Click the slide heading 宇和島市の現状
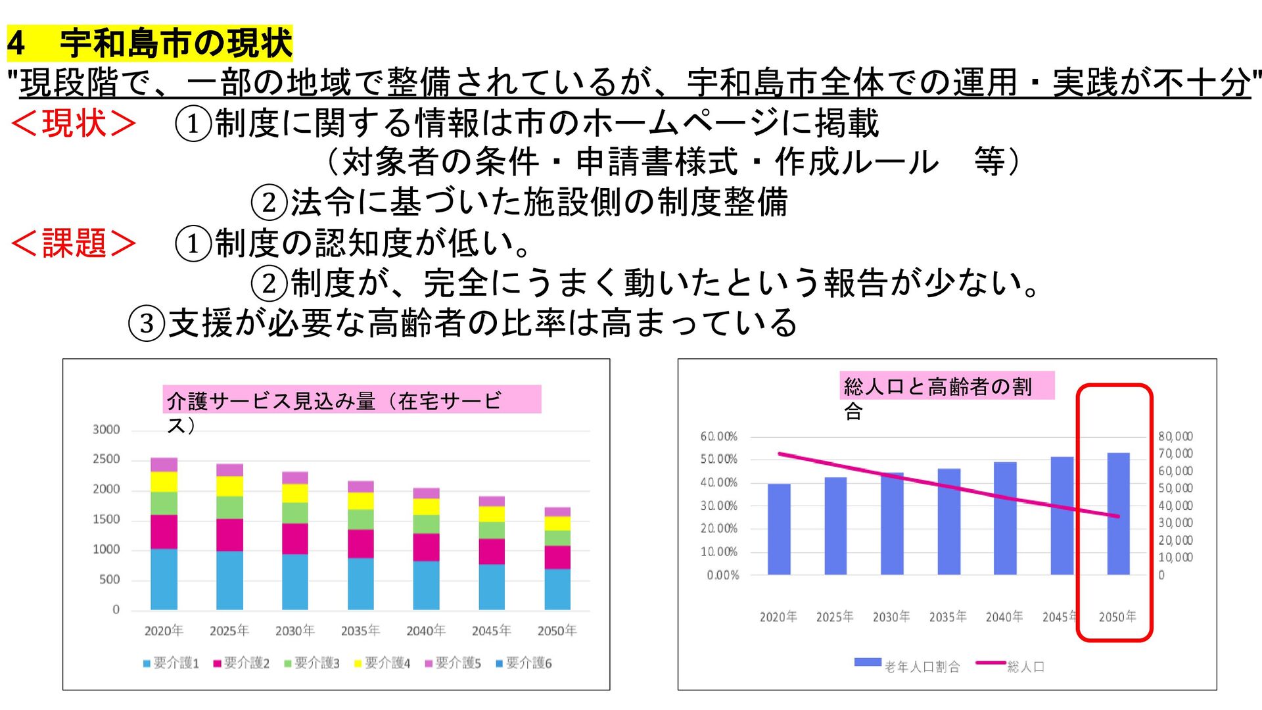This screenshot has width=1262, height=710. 176,43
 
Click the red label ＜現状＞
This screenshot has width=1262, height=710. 74,123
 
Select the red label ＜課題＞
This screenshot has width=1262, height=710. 74,243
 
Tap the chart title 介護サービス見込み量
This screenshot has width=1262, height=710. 271,400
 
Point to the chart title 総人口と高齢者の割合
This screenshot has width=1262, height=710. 938,397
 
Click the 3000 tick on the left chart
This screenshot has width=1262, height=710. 106,430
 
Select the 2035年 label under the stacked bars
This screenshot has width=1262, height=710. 360,630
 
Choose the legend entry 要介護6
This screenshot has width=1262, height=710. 524,663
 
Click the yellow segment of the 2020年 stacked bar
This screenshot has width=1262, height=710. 164,482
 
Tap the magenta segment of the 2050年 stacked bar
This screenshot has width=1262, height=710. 557,557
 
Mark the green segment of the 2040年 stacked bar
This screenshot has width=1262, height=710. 426,524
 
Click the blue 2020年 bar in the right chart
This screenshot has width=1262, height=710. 779,529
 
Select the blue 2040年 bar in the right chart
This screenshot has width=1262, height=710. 1005,519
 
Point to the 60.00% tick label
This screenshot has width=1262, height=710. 719,437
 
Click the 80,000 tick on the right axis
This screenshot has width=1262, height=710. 1175,437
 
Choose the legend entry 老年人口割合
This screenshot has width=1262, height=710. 907,666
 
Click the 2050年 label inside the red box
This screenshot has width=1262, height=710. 1117,617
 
